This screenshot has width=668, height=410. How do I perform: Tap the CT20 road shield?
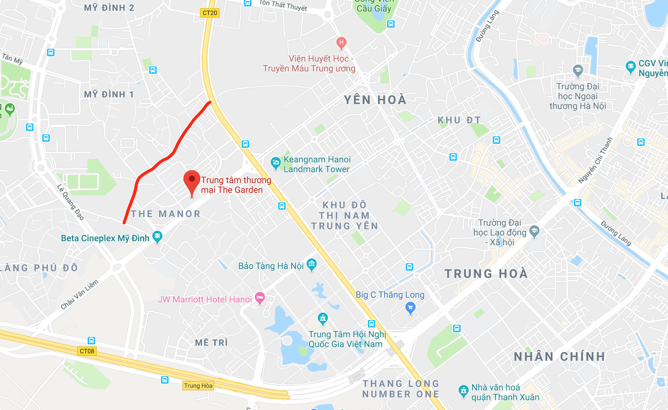pyautogui.click(x=210, y=13)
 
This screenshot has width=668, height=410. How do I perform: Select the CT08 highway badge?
pyautogui.click(x=87, y=351)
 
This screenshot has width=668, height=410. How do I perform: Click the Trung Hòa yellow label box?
pyautogui.click(x=198, y=386)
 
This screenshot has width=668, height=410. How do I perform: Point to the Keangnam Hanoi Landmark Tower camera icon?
pyautogui.click(x=276, y=163)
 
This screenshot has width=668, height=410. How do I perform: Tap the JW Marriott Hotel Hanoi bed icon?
pyautogui.click(x=260, y=298)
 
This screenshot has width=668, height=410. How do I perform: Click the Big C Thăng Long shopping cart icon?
pyautogui.click(x=410, y=307)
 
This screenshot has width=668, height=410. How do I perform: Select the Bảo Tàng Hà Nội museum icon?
pyautogui.click(x=311, y=264)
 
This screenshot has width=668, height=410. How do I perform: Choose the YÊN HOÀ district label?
pyautogui.click(x=375, y=100)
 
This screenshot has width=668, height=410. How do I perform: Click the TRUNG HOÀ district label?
pyautogui.click(x=486, y=274)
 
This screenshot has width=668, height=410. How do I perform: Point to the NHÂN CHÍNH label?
pyautogui.click(x=559, y=357)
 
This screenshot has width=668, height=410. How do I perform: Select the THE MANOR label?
pyautogui.click(x=166, y=214)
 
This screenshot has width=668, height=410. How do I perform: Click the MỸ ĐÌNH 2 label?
pyautogui.click(x=109, y=8)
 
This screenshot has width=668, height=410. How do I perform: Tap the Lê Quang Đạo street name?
pyautogui.click(x=70, y=202)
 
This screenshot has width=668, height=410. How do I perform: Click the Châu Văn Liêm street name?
pyautogui.click(x=80, y=294)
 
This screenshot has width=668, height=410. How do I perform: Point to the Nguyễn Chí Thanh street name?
pyautogui.click(x=595, y=160)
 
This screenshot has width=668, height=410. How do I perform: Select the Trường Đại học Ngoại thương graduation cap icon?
pyautogui.click(x=578, y=70)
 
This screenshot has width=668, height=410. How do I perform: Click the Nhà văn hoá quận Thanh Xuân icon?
pyautogui.click(x=463, y=391)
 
